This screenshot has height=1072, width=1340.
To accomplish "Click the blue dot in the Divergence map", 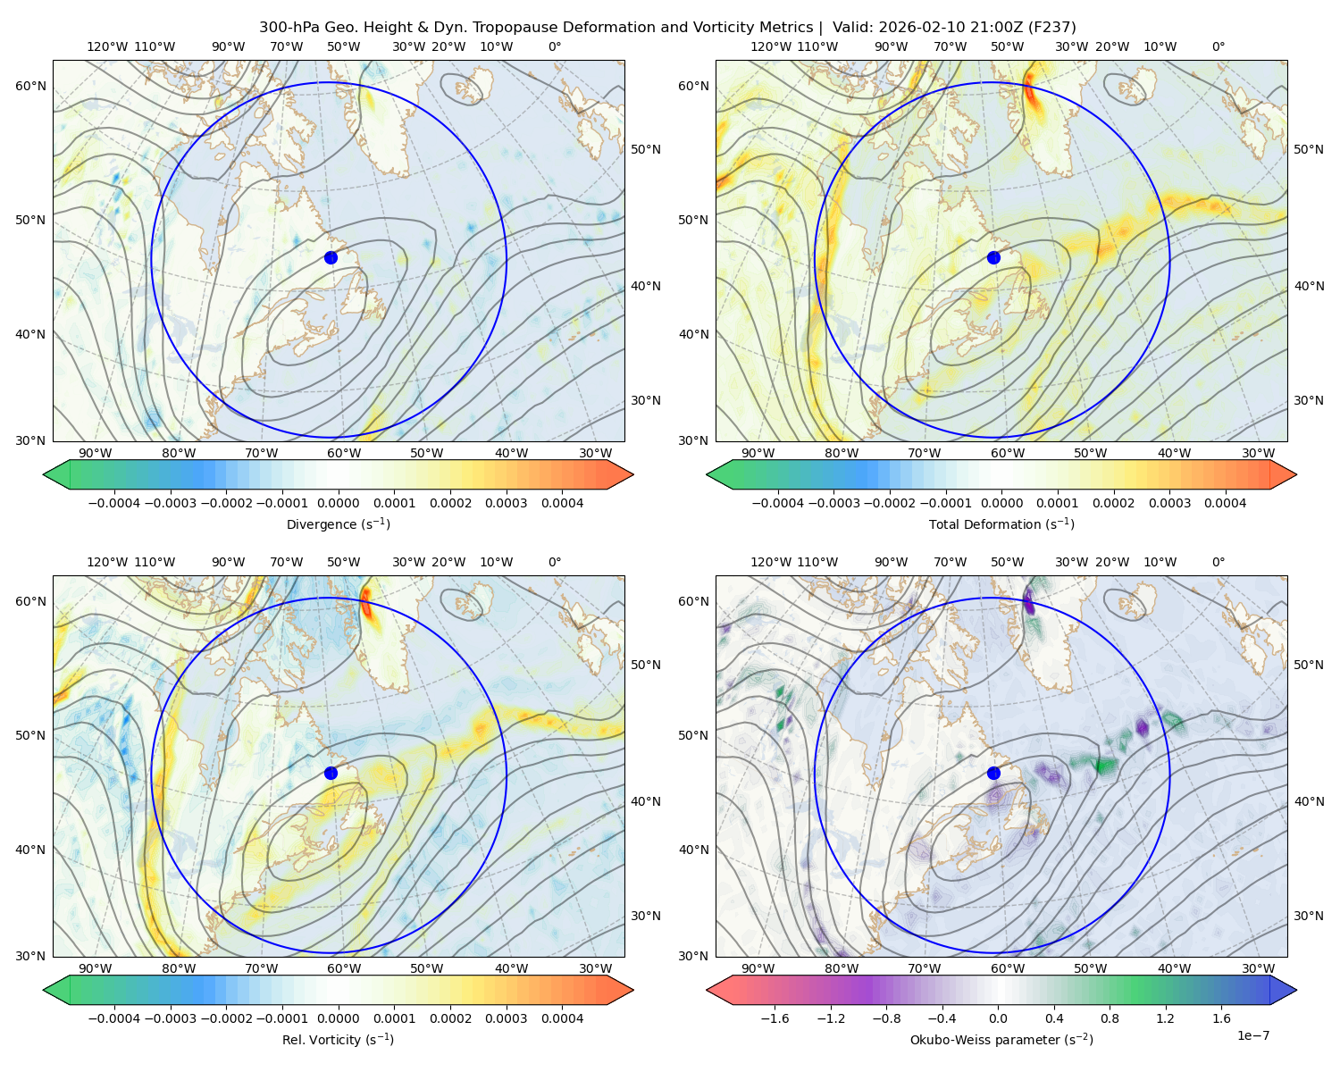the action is [x=331, y=257].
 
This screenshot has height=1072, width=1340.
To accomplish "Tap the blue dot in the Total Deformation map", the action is [x=993, y=257].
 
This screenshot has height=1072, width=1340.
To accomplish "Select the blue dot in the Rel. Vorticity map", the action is [x=331, y=773].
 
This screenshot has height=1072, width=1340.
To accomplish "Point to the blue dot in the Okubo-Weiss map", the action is [x=993, y=773].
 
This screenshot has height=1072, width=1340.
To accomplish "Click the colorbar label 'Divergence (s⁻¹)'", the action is [x=338, y=523].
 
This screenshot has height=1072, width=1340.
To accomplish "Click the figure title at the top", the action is [x=667, y=28].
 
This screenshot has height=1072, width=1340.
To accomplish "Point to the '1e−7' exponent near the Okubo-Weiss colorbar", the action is [x=1252, y=1035].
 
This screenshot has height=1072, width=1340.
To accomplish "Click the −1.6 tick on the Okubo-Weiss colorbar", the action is [x=775, y=1018].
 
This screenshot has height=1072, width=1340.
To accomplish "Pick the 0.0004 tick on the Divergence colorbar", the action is [x=562, y=503].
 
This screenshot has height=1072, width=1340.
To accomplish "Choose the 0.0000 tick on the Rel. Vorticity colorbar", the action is [x=338, y=1018].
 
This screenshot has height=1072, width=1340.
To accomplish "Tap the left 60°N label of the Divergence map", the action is [x=30, y=86].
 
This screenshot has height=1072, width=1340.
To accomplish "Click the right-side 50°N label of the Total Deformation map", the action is [x=1308, y=149].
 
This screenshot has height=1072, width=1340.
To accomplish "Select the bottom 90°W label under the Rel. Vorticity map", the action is [x=96, y=968].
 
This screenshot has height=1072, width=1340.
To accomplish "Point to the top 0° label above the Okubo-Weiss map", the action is [x=1218, y=562].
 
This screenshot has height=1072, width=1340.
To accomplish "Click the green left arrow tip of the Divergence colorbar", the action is [x=44, y=474].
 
